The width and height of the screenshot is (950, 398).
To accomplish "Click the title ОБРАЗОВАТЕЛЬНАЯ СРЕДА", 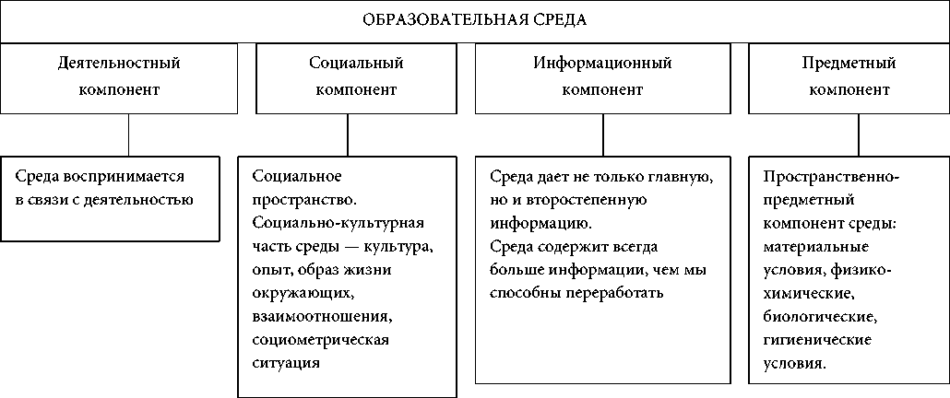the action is click(x=474, y=19).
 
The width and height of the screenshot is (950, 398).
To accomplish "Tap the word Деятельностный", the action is click(x=118, y=64).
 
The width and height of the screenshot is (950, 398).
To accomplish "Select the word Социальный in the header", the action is click(x=356, y=64).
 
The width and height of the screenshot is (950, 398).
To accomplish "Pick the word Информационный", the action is click(x=602, y=64).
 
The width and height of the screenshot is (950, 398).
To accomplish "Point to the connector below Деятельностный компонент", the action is click(x=128, y=135).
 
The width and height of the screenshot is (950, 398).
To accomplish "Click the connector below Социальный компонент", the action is click(x=348, y=135).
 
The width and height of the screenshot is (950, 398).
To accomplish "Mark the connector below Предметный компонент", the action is click(x=859, y=135).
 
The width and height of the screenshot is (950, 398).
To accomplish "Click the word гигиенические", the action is click(x=818, y=341).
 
